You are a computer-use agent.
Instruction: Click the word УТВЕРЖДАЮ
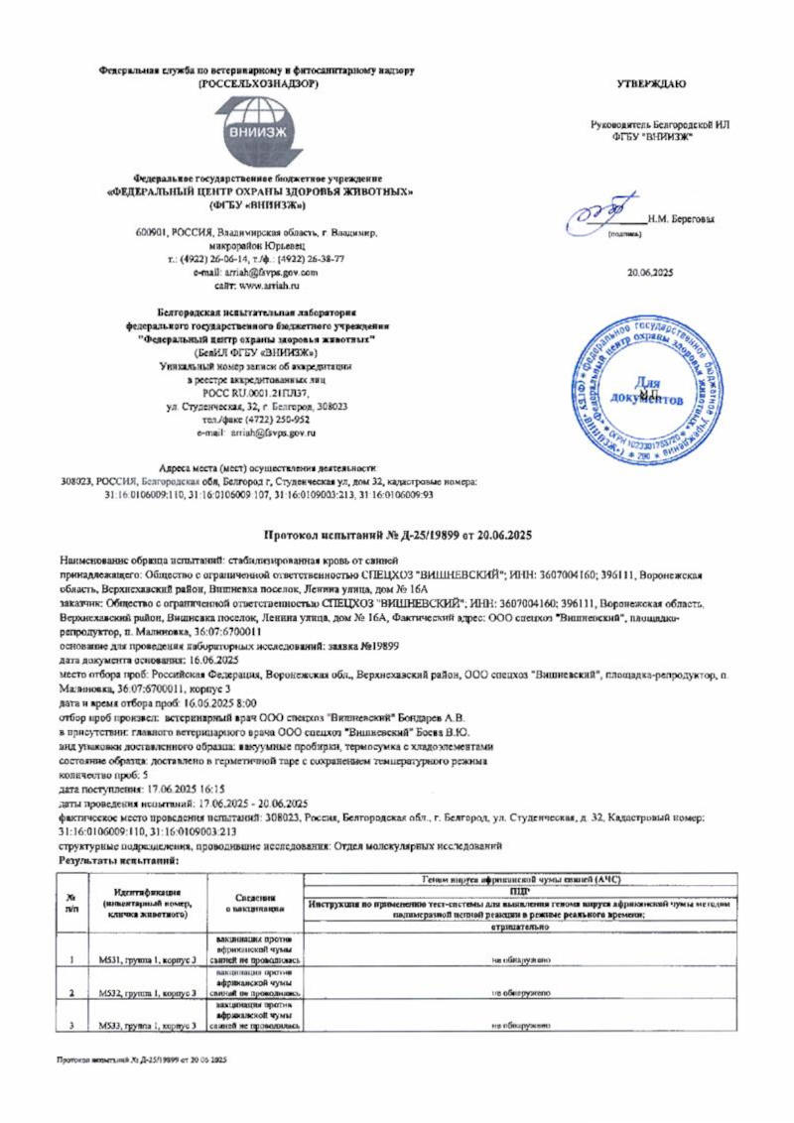(651, 83)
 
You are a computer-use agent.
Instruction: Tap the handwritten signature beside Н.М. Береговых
(603, 214)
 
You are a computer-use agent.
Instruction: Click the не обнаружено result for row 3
(521, 1023)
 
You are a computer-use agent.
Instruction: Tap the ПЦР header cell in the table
(521, 892)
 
